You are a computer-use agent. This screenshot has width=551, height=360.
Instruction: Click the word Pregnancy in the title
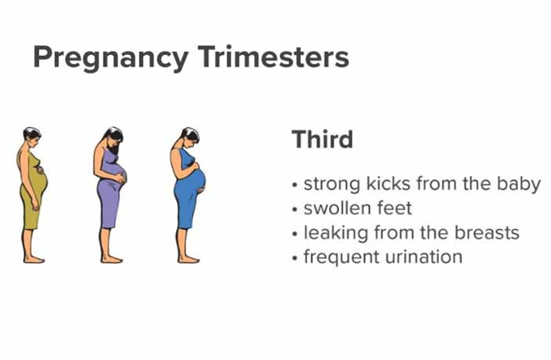(111, 58)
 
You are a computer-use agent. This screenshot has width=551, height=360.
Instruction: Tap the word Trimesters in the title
(273, 56)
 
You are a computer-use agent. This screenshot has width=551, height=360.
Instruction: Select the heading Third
(323, 139)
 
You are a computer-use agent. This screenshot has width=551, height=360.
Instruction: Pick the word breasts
(487, 232)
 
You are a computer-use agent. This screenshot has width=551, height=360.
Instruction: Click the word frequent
(341, 257)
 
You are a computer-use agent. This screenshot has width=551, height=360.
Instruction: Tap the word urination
(423, 256)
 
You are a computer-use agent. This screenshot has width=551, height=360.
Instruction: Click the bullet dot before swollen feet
(295, 209)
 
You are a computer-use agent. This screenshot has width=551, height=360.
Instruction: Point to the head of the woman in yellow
(32, 136)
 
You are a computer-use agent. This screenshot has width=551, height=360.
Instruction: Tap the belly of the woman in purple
(118, 174)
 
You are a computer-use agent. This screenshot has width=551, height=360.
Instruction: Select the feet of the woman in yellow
(34, 260)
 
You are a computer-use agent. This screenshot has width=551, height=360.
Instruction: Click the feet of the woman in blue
(188, 260)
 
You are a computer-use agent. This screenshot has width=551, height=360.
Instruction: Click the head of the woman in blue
(190, 136)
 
